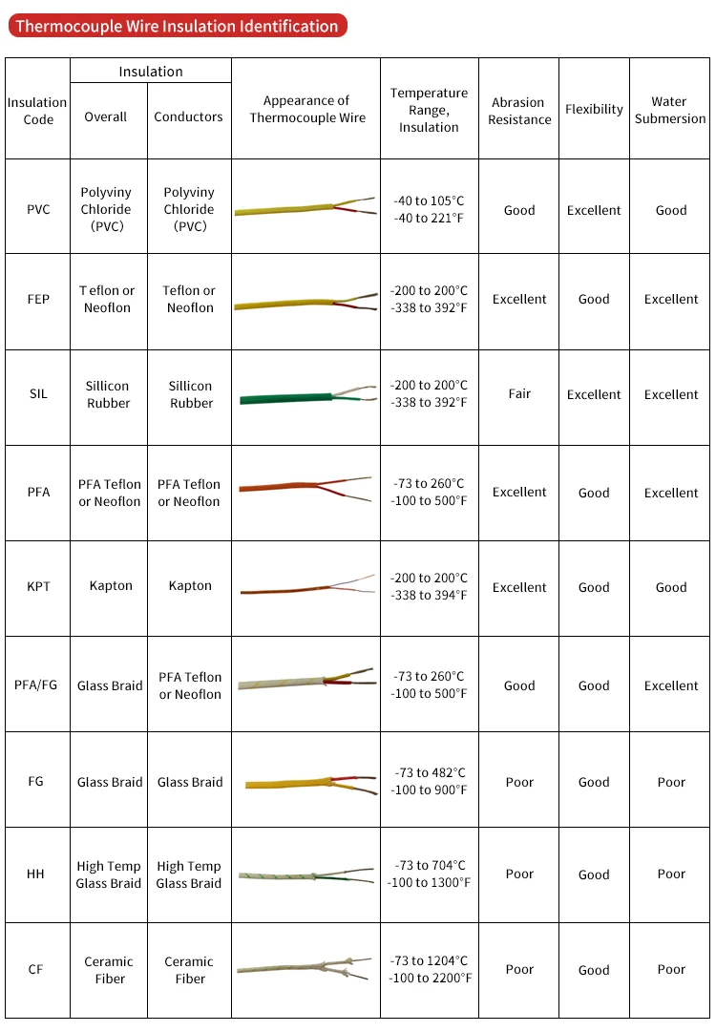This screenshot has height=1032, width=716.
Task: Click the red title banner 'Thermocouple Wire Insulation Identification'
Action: tap(177, 26)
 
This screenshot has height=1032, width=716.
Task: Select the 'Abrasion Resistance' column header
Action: tap(519, 111)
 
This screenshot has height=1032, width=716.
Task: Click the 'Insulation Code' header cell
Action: tap(38, 111)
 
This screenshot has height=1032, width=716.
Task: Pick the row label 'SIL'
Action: tap(38, 394)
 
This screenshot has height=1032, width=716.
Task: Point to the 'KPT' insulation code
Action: tap(38, 586)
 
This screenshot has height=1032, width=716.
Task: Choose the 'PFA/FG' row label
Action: tap(36, 684)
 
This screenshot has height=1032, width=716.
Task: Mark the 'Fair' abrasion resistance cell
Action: tap(519, 393)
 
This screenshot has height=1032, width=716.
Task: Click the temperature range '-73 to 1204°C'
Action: tap(430, 960)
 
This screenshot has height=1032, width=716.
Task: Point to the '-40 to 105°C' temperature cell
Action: tap(430, 200)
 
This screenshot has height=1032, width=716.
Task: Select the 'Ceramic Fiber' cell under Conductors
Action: tap(189, 970)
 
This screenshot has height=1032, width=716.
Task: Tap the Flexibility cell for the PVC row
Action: tap(594, 210)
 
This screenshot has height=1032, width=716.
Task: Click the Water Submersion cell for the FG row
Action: tap(671, 782)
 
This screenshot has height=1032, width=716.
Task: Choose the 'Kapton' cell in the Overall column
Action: tap(111, 586)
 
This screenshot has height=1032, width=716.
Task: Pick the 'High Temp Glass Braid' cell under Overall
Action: tap(109, 874)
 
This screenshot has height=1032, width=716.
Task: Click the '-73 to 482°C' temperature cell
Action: tap(430, 772)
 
